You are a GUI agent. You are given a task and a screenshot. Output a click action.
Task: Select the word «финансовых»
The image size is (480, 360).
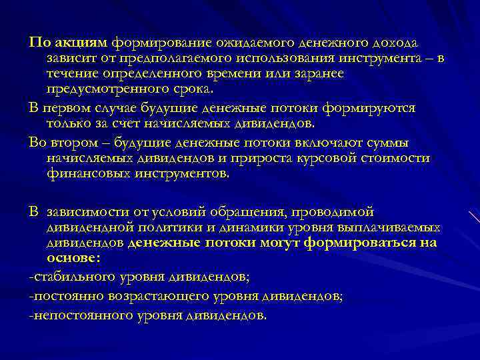(x=88, y=173)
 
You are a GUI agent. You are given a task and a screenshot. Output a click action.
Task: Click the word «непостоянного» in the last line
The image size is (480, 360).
(x=75, y=315)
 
